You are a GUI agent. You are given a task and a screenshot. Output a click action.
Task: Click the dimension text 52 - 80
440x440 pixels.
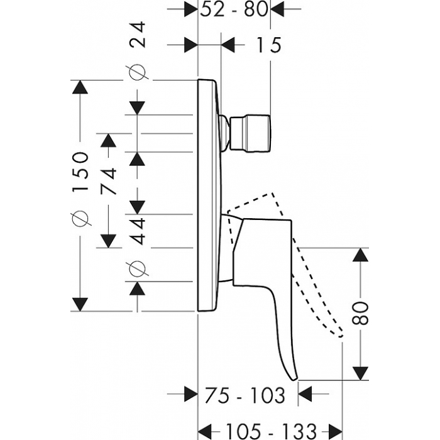click(234, 9)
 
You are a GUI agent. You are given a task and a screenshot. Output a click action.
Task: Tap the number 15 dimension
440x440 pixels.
click(268, 45)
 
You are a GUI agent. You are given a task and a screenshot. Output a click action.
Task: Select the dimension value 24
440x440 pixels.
click(138, 34)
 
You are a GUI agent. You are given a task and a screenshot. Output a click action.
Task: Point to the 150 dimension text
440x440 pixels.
click(80, 172)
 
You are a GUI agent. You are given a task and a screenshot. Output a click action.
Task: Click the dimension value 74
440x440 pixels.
click(108, 181)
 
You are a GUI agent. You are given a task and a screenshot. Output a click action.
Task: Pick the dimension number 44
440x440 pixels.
click(138, 231)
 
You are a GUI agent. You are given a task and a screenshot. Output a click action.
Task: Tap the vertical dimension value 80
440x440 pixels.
click(360, 313)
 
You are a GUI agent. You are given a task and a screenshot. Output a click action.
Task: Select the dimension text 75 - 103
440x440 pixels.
click(245, 395)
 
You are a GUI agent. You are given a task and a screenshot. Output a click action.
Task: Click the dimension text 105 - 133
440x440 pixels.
click(271, 431)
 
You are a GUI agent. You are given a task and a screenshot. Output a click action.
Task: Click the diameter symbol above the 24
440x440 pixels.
click(137, 72)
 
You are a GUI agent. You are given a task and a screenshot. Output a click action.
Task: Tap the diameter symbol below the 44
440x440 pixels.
click(137, 269)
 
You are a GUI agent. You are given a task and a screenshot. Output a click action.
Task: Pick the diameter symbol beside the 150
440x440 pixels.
click(80, 218)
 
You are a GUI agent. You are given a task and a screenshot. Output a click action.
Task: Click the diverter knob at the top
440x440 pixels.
click(250, 133)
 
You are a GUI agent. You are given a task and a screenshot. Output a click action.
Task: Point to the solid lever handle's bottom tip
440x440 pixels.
click(294, 380)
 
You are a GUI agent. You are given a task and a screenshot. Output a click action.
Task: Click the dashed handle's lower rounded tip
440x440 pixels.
click(341, 335)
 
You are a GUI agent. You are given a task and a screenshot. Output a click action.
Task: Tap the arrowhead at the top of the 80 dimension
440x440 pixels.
click(360, 255)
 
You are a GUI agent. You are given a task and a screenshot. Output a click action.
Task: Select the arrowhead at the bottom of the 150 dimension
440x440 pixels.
click(80, 304)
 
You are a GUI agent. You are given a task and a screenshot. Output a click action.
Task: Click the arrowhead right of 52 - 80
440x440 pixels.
click(278, 9)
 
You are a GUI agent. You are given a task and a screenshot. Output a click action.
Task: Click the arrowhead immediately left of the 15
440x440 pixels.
click(228, 45)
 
